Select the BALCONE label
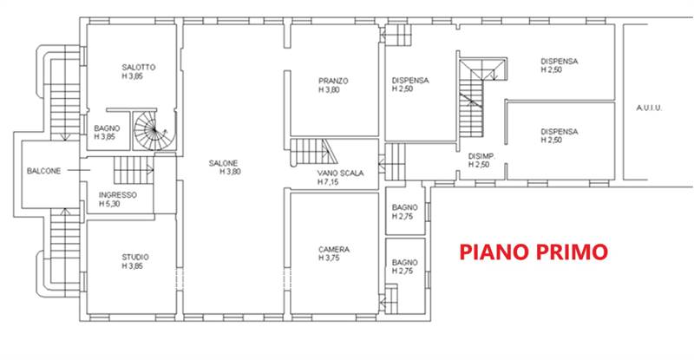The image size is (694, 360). tap(43, 171)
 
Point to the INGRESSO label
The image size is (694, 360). tap(118, 195)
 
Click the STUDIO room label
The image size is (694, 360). tap(134, 257)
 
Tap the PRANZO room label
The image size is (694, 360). tap(333, 81)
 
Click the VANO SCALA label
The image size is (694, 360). tap(341, 173)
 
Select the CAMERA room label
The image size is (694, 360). tap(333, 249)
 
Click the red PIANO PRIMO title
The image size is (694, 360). tap(534, 252)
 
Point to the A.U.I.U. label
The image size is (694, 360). tap(649, 108)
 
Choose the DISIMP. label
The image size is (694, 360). tap(480, 156)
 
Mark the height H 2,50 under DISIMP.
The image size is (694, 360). tap(480, 165)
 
